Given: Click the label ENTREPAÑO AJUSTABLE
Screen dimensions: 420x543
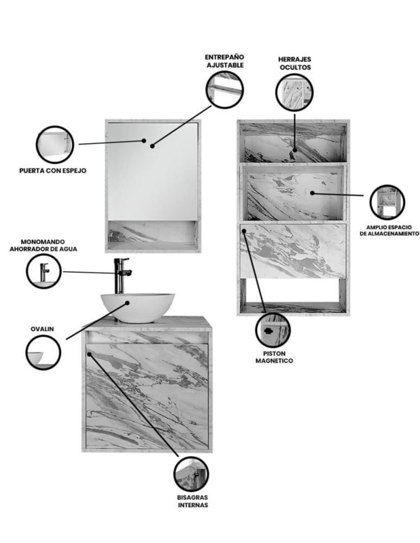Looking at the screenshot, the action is [x=225, y=61].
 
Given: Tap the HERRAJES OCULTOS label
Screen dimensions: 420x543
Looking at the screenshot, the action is [x=295, y=63].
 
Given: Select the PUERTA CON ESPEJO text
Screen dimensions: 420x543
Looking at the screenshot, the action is [x=53, y=171].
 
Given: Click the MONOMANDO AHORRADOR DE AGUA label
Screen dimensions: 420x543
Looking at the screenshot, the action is [x=43, y=245].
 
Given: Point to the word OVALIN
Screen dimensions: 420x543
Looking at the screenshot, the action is [x=42, y=329].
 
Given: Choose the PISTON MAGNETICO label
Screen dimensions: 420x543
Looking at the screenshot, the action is [x=274, y=357].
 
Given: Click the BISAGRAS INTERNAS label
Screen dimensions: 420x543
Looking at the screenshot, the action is [x=193, y=501].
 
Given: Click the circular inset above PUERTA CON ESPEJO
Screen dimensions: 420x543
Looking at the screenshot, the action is [x=55, y=144].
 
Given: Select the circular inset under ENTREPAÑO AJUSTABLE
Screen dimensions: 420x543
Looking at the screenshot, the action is [x=225, y=90].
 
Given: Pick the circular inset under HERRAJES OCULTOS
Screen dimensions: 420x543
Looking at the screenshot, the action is [x=295, y=92].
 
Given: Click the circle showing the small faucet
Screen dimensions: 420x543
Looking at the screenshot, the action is [x=44, y=271].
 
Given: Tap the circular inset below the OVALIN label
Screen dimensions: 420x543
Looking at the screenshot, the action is [x=43, y=352].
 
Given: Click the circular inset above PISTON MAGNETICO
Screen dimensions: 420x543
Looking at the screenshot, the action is [x=273, y=330].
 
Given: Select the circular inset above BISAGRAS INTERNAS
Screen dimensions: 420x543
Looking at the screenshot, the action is [x=192, y=475].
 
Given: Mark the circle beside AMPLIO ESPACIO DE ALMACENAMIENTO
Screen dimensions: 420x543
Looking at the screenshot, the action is [x=387, y=202].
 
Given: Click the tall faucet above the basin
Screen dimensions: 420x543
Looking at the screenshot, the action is [x=122, y=276].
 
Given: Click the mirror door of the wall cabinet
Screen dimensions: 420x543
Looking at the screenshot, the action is [x=153, y=171].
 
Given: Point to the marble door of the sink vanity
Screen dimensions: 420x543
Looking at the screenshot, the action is [x=147, y=396].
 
